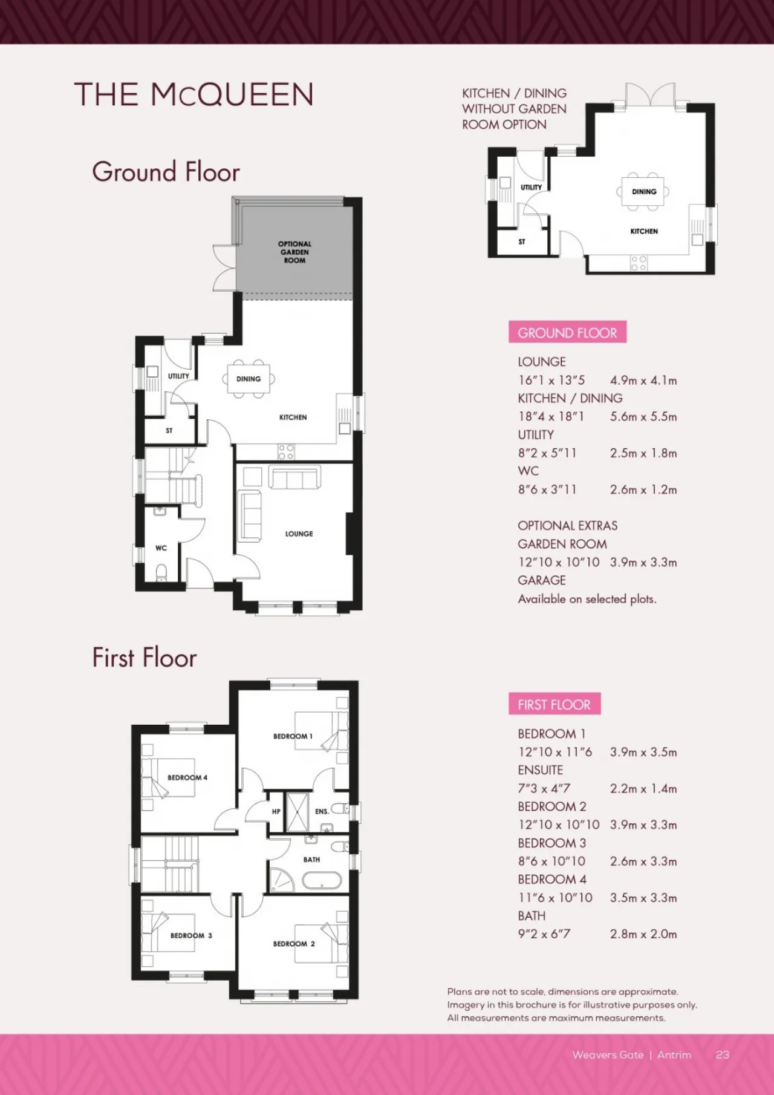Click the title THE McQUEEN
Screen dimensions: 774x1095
click(x=194, y=95)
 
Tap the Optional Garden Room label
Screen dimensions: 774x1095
click(x=295, y=252)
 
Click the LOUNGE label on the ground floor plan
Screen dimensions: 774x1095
click(x=299, y=534)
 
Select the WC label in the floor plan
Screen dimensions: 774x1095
click(x=161, y=548)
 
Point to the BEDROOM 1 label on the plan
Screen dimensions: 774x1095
click(x=293, y=736)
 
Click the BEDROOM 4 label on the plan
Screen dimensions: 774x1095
click(x=187, y=777)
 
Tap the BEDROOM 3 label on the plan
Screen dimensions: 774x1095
click(x=191, y=935)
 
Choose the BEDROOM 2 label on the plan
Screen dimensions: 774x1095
click(x=294, y=944)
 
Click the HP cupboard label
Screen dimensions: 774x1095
click(x=276, y=812)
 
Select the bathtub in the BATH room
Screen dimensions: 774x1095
click(x=322, y=880)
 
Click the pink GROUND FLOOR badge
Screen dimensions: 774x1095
click(x=567, y=332)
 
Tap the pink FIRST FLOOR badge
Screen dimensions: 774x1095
click(x=554, y=704)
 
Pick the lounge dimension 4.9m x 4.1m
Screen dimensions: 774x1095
click(x=643, y=381)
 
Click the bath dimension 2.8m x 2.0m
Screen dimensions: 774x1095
click(x=643, y=934)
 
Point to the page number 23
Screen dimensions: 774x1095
click(x=723, y=1054)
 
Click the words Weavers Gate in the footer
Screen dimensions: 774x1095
click(x=608, y=1054)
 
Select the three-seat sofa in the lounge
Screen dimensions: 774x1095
click(x=294, y=478)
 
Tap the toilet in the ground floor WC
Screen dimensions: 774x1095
click(x=161, y=572)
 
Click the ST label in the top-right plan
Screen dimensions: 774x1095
click(x=522, y=241)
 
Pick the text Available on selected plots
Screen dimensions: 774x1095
click(x=587, y=599)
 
